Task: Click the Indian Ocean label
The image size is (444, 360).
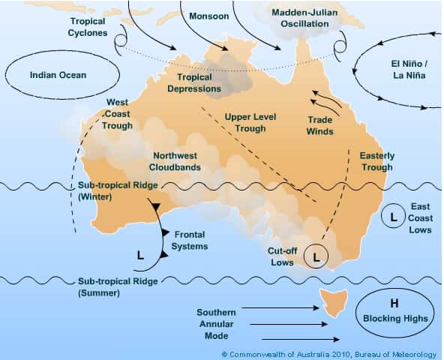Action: [x=58, y=75]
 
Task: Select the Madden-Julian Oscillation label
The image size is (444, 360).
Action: [x=300, y=18]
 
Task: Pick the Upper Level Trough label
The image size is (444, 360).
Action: [x=245, y=122]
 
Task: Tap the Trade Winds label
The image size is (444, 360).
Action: [x=320, y=125]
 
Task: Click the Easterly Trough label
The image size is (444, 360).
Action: [x=376, y=160]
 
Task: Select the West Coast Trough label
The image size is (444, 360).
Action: [x=116, y=114]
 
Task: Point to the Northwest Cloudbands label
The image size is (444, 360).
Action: [x=175, y=161]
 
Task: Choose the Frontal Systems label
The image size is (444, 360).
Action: [x=189, y=239]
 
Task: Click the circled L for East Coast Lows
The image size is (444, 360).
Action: [x=391, y=217]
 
